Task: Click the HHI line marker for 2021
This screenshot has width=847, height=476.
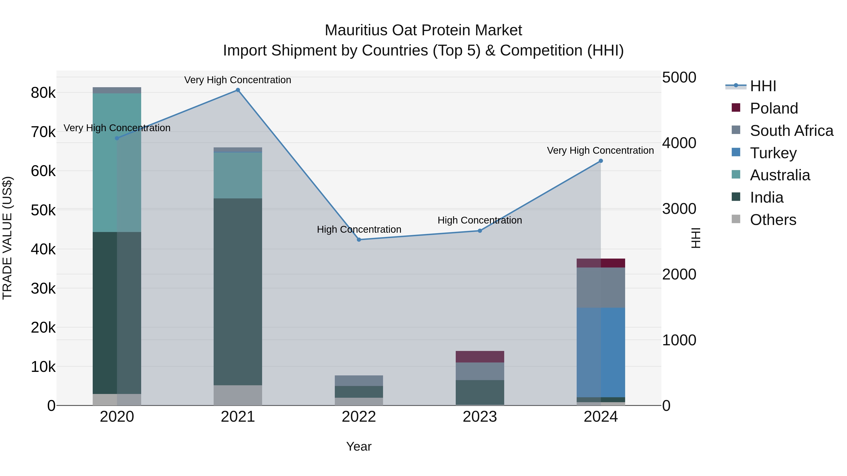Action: click(x=238, y=90)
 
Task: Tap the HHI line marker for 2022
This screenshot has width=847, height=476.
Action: click(x=359, y=240)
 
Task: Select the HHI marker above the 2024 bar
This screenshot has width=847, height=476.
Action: click(x=601, y=161)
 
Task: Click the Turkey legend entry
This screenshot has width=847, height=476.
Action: click(x=773, y=153)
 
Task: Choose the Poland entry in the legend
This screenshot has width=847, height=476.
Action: click(x=774, y=108)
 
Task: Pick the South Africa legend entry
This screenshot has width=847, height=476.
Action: click(x=791, y=131)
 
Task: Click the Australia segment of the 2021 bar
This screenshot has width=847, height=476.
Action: click(x=238, y=175)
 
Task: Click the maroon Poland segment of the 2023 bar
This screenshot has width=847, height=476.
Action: click(x=480, y=357)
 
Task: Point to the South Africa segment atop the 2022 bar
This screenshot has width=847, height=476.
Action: click(x=359, y=381)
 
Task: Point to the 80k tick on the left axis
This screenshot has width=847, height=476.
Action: click(x=43, y=93)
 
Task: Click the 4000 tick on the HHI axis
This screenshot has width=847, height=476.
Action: click(x=679, y=143)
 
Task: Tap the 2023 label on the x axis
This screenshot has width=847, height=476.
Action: click(x=480, y=417)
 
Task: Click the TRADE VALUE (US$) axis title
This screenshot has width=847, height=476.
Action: click(x=7, y=238)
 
